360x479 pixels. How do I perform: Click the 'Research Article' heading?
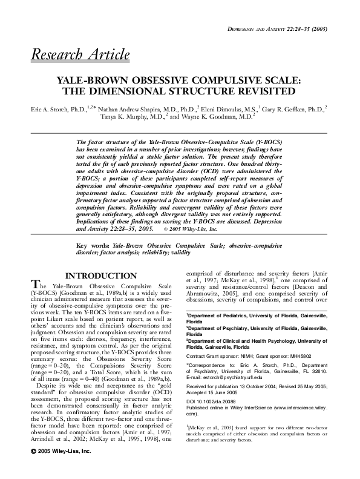(80, 55)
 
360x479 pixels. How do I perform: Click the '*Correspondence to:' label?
(209, 367)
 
